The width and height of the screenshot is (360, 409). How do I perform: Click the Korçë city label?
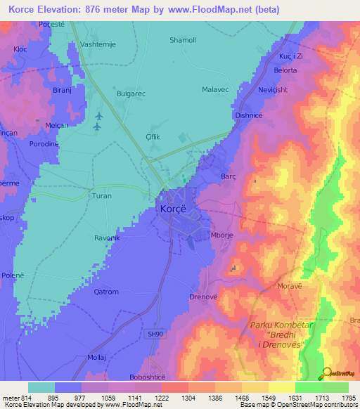172,209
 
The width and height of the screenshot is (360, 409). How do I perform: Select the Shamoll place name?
182,40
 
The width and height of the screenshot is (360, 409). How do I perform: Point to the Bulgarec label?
131,92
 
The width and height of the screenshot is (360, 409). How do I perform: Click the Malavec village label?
217,90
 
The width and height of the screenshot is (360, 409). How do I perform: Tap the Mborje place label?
224,237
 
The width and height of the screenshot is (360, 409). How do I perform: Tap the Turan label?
102,196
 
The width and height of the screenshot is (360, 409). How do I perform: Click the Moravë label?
309,286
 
